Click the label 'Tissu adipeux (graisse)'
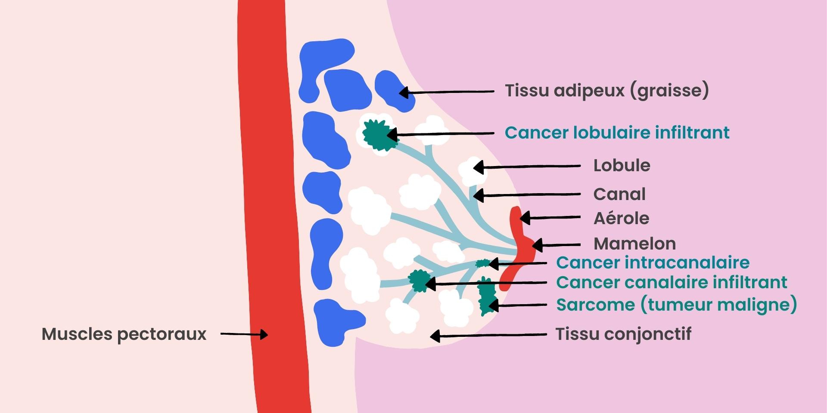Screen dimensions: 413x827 [606, 91]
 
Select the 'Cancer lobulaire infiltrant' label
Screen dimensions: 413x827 [617, 133]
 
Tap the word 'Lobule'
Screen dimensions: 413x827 [622, 166]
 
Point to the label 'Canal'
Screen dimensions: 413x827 [619, 194]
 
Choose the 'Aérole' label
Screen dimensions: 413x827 [621, 219]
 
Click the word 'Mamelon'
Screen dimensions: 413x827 [634, 244]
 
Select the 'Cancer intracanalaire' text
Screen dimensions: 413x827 [653, 262]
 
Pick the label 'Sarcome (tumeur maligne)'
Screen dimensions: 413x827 [676, 305]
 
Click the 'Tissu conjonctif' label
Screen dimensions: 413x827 [623, 334]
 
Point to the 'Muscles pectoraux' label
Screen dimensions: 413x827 [124, 334]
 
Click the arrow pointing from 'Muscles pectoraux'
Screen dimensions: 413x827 [244, 334]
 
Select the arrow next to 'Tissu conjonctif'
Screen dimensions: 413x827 [488, 335]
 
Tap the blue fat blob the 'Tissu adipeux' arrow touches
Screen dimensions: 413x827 [393, 90]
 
